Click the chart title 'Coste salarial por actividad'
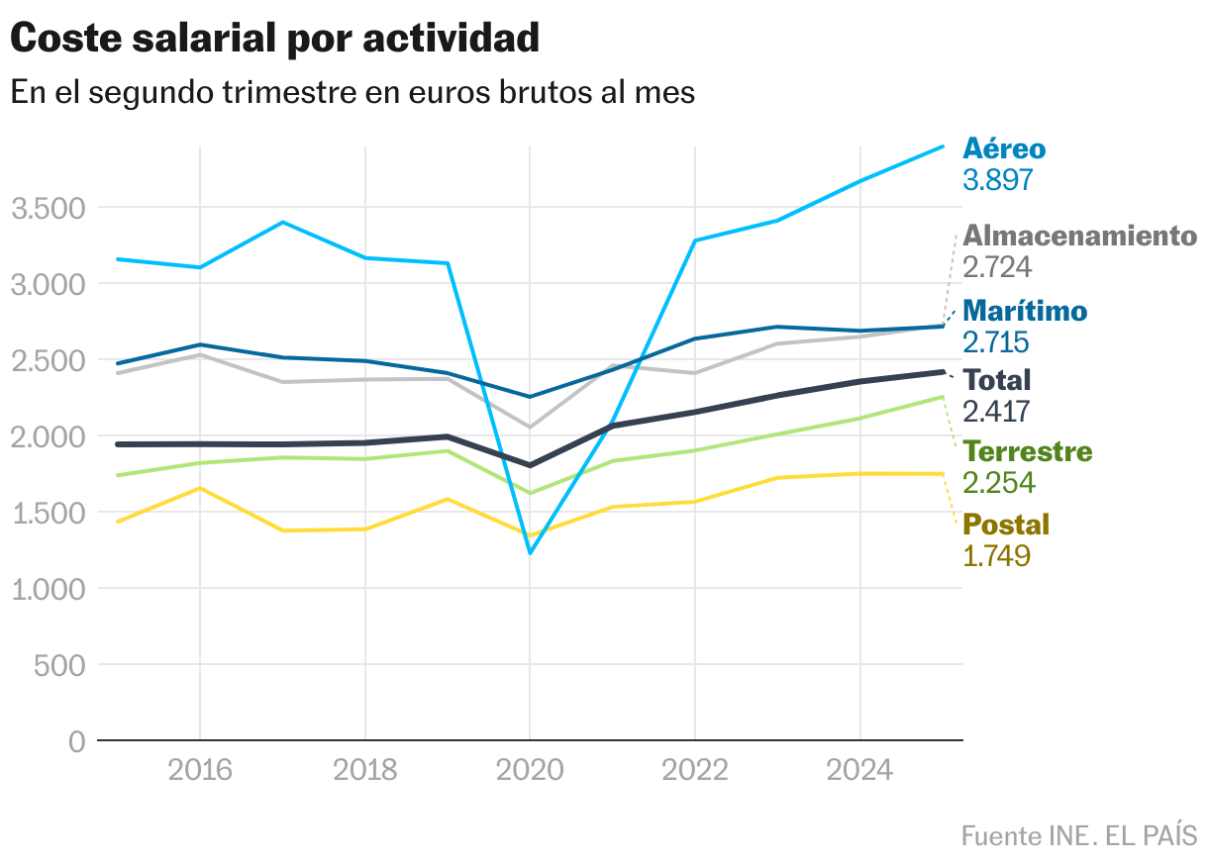pos(274,40)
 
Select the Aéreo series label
pos(1004,148)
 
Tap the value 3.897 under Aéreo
pos(998,180)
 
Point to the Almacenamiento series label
pos(1079,236)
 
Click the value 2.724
pos(998,267)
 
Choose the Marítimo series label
pos(1025,311)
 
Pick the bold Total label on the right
pos(997,380)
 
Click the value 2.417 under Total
pos(997,412)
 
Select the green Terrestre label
pos(1028,452)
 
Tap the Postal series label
pos(1006,525)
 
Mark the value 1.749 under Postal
pos(997,556)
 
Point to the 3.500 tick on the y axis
pos(48,209)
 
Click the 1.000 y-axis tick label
pos(48,589)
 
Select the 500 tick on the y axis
pos(59,665)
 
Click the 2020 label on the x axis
pos(530,770)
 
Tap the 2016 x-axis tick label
pos(200,770)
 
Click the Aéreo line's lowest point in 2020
pos(530,552)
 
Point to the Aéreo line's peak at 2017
pos(283,223)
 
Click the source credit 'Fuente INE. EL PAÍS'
pos(1078,835)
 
